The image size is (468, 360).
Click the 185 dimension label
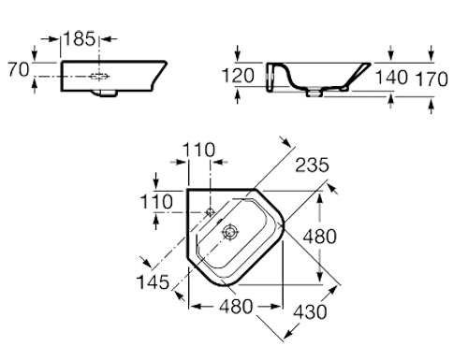coord(80,39)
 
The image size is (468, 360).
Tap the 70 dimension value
coord(19,69)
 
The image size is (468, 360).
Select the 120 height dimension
coord(238,76)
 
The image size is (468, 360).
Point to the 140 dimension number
coord(391,78)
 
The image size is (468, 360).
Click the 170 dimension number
coord(431,79)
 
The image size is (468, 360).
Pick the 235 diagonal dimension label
coord(312,165)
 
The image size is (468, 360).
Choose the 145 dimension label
coord(153,282)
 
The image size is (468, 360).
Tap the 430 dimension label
coord(310,311)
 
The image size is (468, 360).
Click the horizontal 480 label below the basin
coord(236,307)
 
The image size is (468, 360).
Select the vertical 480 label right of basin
coord(320,237)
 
